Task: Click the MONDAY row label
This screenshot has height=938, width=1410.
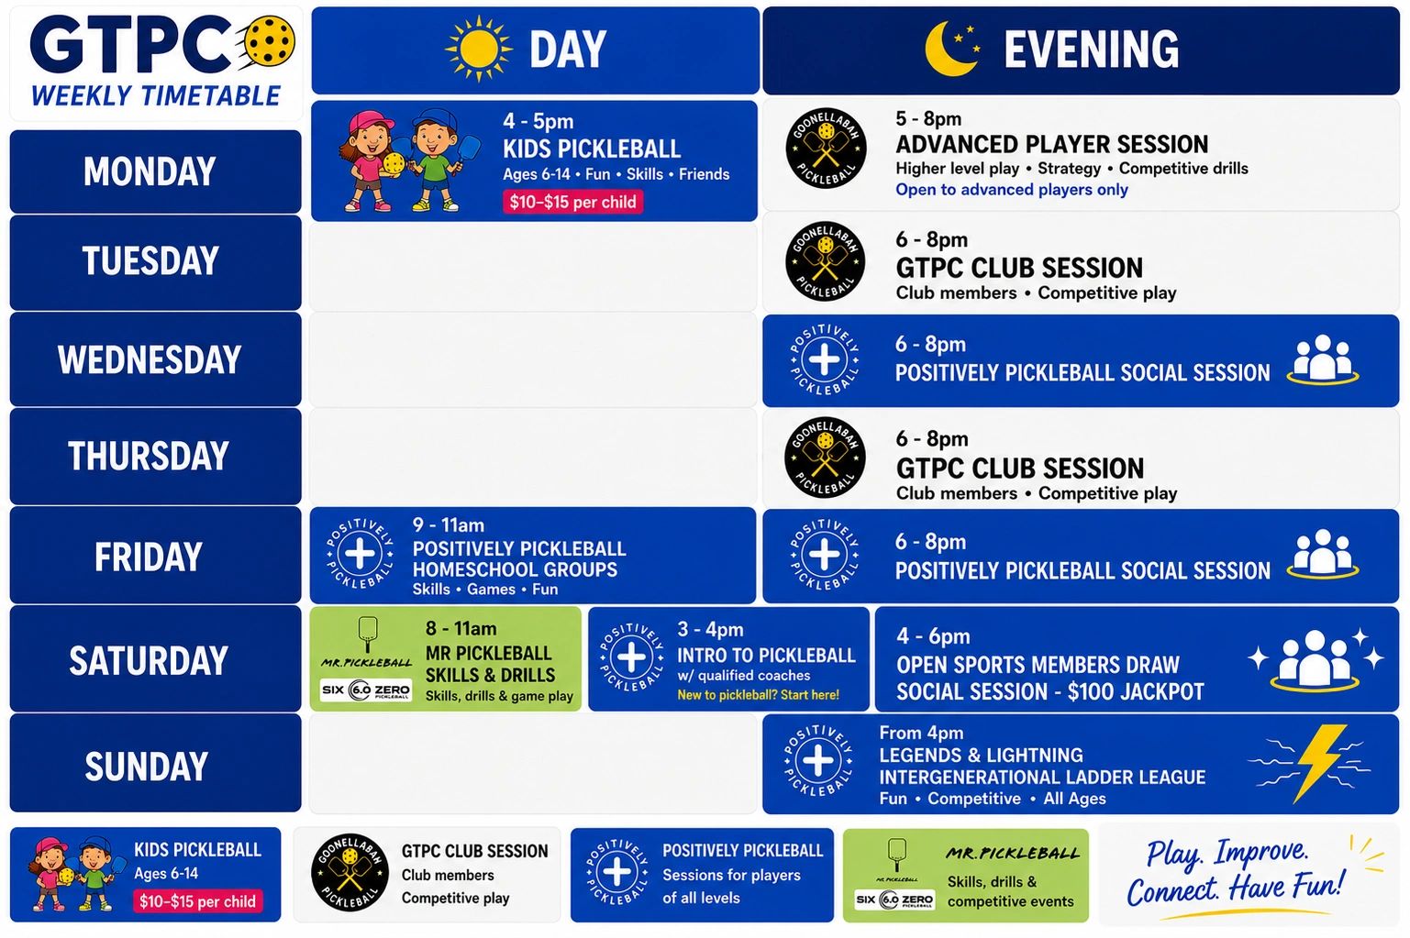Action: (150, 171)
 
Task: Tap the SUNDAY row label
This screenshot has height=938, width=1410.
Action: (147, 766)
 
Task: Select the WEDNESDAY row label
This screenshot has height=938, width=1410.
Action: (150, 359)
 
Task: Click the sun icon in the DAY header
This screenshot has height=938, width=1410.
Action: (478, 49)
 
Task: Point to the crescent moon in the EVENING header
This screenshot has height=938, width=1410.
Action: (948, 50)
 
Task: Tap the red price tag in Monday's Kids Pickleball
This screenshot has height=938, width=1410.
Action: (572, 202)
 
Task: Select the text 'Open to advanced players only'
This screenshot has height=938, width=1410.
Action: (1012, 190)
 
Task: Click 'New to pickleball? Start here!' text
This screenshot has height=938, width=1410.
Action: (758, 694)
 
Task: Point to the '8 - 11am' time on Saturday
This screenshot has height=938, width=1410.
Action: (461, 628)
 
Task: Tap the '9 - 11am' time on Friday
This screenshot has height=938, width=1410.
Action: (449, 525)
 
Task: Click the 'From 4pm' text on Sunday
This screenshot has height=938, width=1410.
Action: (921, 733)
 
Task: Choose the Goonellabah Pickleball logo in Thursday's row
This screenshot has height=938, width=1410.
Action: (825, 458)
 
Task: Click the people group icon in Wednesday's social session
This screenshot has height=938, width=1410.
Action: (1323, 359)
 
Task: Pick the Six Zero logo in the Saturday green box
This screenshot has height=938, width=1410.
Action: (366, 690)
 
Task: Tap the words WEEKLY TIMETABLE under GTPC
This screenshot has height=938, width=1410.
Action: (155, 96)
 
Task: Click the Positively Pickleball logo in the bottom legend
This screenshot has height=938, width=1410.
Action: (616, 873)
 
